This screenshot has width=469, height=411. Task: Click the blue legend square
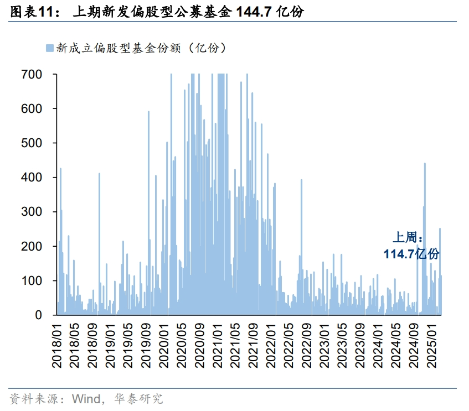tap(49, 48)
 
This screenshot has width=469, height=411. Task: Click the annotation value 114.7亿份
tap(411, 254)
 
